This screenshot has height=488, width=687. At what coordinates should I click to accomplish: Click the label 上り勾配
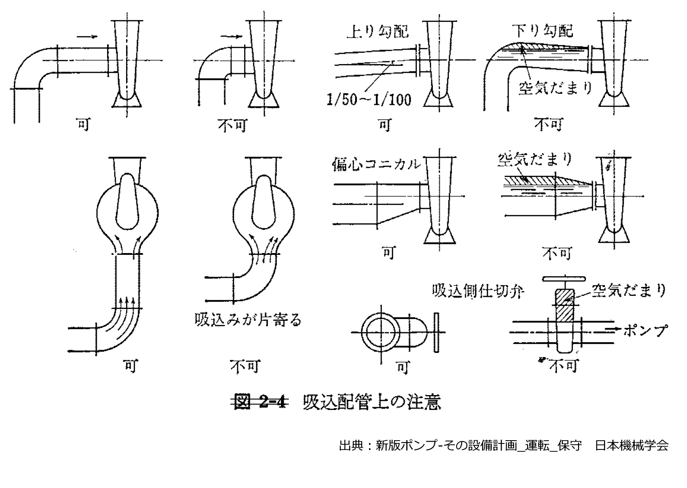click(x=377, y=31)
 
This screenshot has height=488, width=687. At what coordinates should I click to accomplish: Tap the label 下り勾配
click(x=542, y=30)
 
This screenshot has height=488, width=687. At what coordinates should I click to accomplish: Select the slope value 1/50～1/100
click(x=369, y=99)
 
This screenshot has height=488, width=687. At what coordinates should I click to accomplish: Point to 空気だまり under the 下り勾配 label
click(x=555, y=87)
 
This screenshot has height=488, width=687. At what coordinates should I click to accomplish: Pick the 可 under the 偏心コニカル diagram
click(x=388, y=253)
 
